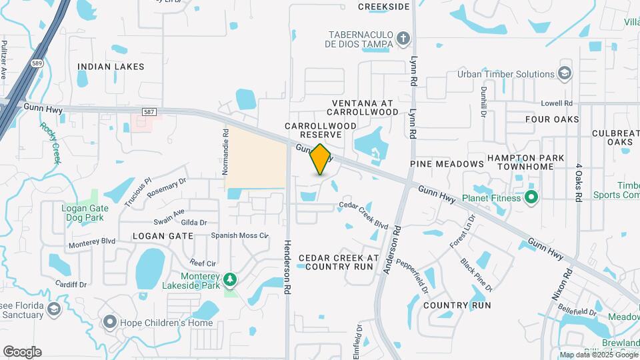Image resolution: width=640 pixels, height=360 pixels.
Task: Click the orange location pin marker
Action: coord(321,159)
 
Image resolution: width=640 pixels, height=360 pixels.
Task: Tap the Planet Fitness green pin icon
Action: coord(531,197)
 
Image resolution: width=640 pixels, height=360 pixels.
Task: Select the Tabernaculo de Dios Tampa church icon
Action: coord(403,39)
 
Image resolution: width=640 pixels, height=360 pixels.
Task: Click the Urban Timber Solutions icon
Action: coord(565,73)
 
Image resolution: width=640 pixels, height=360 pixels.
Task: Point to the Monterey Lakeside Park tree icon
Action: coord(231,279)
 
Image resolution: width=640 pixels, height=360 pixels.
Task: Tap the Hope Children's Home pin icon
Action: coord(110,323)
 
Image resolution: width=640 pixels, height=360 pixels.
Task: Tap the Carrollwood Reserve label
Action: coord(313,130)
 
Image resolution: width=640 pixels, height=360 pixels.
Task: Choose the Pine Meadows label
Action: coord(447,164)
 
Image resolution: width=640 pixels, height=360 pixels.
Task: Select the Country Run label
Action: coord(457,305)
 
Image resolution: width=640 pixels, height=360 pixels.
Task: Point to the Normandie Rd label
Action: coord(225,152)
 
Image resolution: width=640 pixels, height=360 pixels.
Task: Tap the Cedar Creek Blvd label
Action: coord(363,215)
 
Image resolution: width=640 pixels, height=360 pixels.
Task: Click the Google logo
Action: coord(22,352)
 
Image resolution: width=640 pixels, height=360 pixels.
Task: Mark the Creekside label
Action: coord(383,7)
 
